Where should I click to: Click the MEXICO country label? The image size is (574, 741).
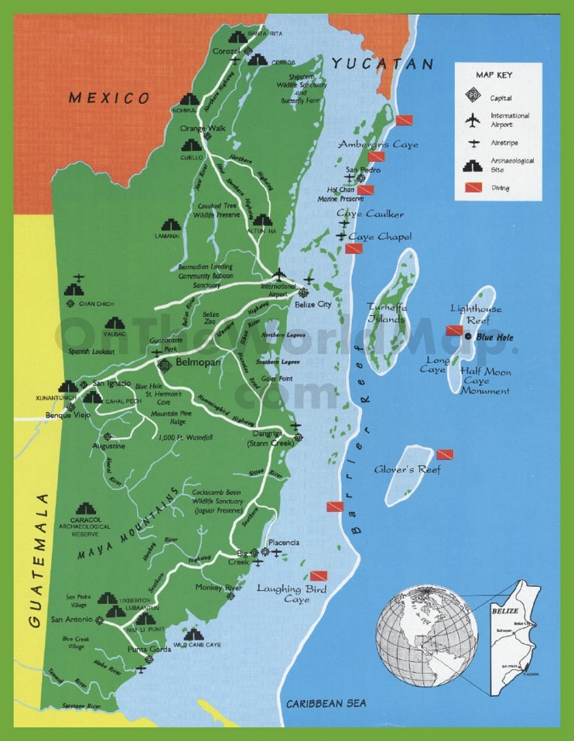click(x=108, y=98)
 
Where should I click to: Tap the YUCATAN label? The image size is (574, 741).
click(x=383, y=64)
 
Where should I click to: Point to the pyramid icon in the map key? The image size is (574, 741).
click(x=470, y=165)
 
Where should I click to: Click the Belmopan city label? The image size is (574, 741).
click(x=200, y=362)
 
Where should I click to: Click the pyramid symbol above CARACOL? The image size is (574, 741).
click(x=89, y=506)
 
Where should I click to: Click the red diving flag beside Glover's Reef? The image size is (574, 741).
click(x=445, y=455)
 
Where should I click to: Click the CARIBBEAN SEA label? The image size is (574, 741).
click(x=326, y=703)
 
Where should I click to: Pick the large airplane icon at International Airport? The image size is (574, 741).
click(x=278, y=275)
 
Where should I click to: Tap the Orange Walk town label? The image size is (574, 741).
click(x=202, y=129)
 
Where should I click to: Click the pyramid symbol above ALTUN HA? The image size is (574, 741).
click(x=262, y=222)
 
